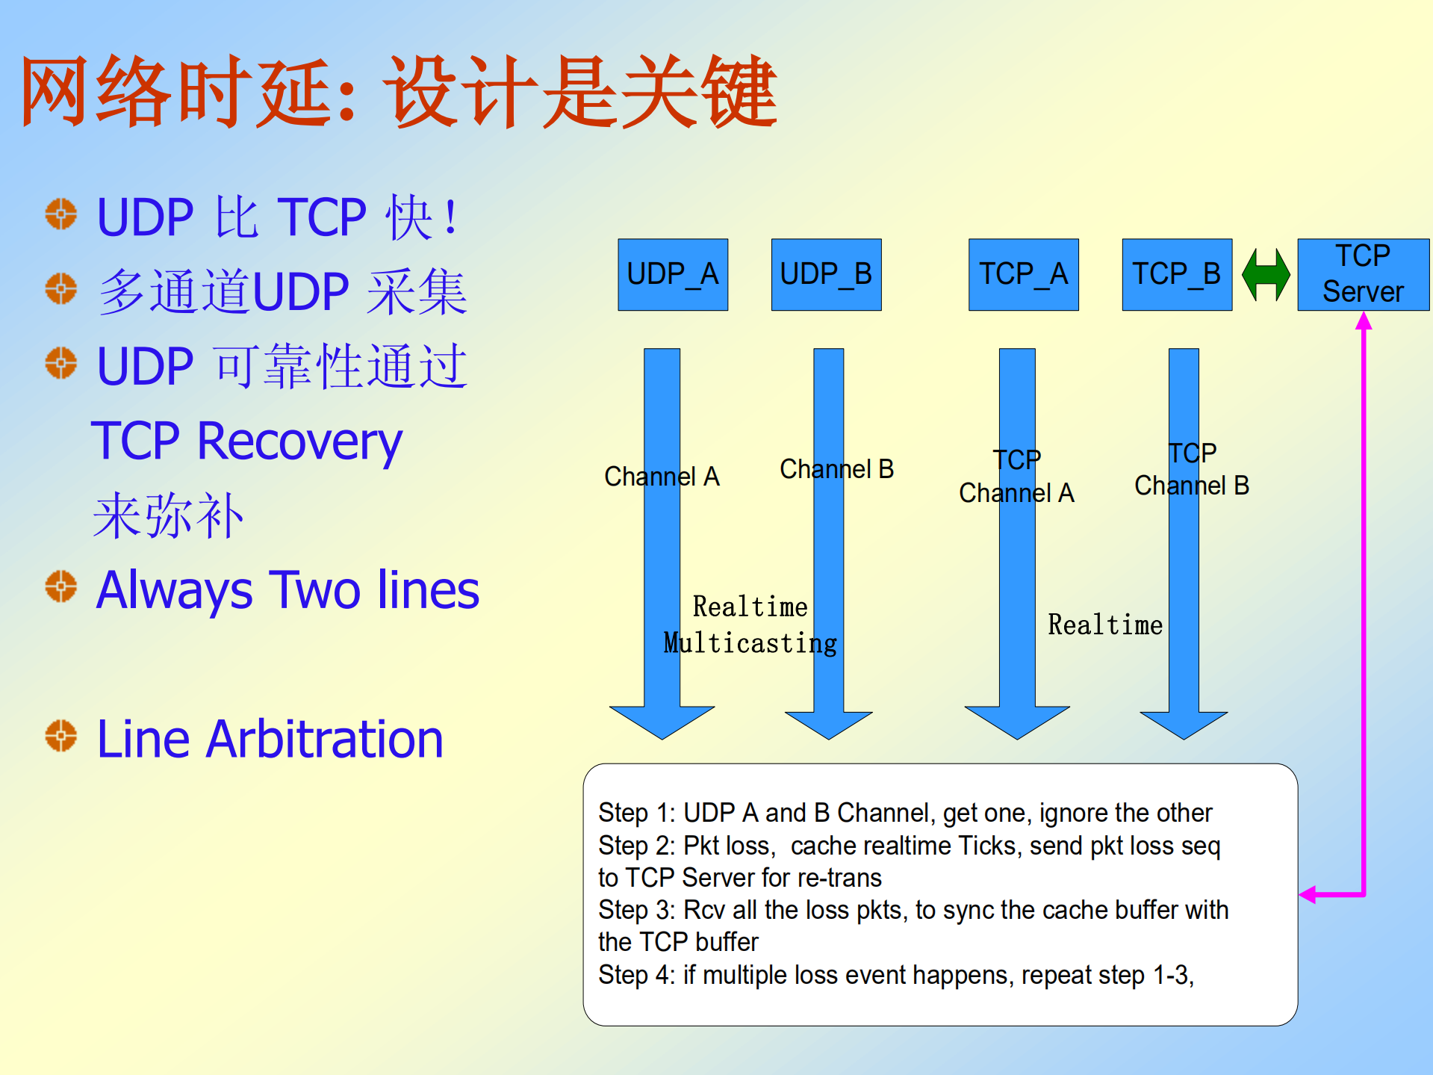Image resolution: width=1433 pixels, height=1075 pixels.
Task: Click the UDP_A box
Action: tap(672, 274)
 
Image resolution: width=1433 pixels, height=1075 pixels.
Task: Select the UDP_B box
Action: tap(826, 274)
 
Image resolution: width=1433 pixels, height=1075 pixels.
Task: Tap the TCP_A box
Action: tap(1023, 274)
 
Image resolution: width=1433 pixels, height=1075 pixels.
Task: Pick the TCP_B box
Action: tap(1176, 274)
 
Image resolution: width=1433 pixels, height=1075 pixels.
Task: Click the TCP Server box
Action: tap(1363, 274)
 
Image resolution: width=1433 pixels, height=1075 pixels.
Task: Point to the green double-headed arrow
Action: tap(1266, 274)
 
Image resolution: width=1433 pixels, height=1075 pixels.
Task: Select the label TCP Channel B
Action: tap(1192, 470)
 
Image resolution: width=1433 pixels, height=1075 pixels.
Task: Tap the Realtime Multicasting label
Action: tap(750, 625)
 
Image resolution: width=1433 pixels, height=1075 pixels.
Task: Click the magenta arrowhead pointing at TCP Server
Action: tap(1364, 321)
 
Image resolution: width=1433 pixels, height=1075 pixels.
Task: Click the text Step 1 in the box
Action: tap(634, 813)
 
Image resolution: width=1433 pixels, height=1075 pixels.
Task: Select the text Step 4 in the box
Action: tap(634, 975)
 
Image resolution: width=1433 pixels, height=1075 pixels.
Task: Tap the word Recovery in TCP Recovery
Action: tap(299, 442)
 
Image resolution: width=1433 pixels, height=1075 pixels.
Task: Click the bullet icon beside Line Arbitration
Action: tap(60, 736)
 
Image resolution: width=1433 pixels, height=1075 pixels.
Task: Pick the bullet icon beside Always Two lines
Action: tap(60, 586)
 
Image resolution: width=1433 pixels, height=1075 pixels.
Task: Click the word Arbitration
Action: tap(325, 740)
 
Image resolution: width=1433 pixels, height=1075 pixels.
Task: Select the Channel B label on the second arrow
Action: tap(836, 469)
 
